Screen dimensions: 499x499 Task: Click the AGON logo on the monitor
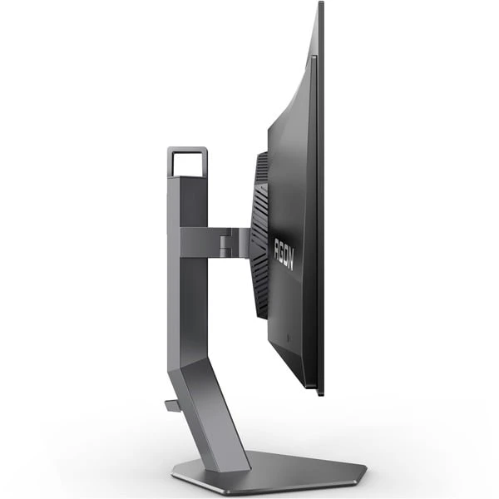pos(284,254)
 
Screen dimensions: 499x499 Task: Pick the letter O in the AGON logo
pos(286,255)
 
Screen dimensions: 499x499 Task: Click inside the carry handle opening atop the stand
pos(187,164)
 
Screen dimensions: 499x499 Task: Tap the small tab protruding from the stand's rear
pos(173,406)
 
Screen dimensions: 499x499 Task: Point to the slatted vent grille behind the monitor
pos(260,235)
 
